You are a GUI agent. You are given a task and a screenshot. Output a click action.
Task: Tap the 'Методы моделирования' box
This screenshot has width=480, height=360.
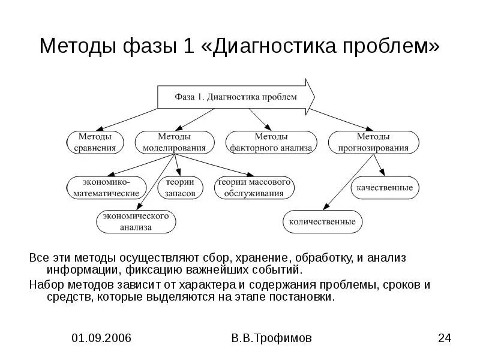pyautogui.click(x=174, y=142)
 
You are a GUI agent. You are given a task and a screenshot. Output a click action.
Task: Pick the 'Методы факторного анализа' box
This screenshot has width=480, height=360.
pyautogui.click(x=271, y=142)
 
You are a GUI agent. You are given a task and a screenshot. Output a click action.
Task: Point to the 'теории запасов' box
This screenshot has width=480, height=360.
pyautogui.click(x=180, y=187)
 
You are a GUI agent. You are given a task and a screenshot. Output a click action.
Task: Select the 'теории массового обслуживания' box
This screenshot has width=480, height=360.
pyautogui.click(x=254, y=187)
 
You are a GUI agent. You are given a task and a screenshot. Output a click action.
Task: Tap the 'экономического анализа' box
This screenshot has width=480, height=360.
pyautogui.click(x=136, y=221)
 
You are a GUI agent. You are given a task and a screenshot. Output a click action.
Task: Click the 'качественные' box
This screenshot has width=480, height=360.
pyautogui.click(x=384, y=188)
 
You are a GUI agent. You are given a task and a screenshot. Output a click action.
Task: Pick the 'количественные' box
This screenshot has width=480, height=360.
pyautogui.click(x=322, y=221)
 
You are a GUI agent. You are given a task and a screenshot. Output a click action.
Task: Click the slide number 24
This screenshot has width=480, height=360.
pyautogui.click(x=444, y=338)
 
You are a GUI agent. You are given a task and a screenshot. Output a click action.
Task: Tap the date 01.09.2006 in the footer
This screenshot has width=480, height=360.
pyautogui.click(x=101, y=338)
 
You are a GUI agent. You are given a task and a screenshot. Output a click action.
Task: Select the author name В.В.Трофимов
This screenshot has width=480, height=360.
pyautogui.click(x=271, y=338)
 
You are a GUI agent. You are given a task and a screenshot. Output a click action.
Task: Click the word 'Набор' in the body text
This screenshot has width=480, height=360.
pyautogui.click(x=46, y=284)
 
